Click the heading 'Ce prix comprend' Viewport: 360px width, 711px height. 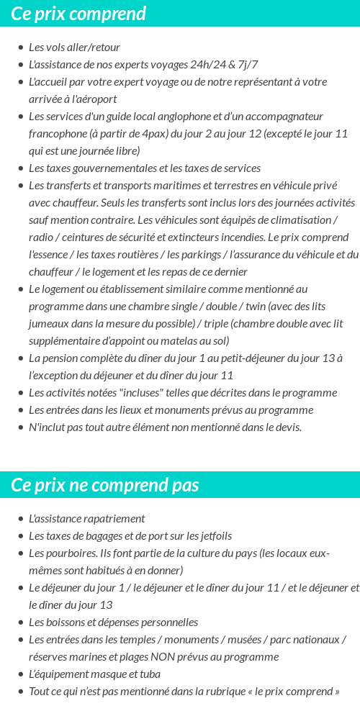[x=78, y=14]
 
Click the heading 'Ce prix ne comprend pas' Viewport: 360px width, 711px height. [x=104, y=485]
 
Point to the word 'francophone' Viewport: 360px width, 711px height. [x=58, y=134]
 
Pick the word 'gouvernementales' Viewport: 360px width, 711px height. [x=112, y=168]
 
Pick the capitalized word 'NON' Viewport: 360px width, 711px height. [x=184, y=657]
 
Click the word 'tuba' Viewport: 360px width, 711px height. [x=149, y=674]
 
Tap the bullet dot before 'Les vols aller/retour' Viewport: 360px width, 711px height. [x=20, y=47]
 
